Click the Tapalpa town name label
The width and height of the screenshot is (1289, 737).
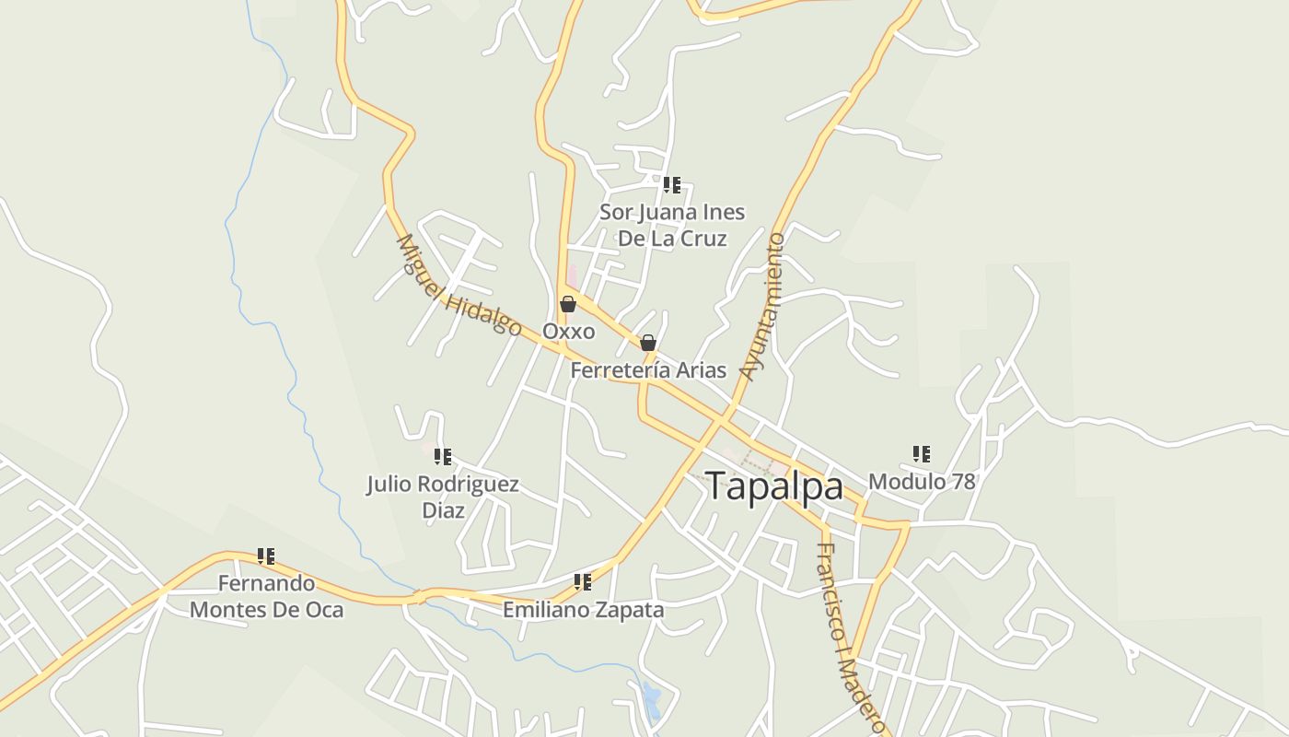click(x=773, y=486)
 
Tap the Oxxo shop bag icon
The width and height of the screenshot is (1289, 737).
click(x=568, y=304)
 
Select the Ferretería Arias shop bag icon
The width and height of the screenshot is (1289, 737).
click(x=648, y=344)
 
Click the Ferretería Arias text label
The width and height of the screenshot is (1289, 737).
click(x=648, y=370)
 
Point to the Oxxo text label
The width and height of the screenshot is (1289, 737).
click(x=568, y=331)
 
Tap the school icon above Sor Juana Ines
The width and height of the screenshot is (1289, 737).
click(x=672, y=185)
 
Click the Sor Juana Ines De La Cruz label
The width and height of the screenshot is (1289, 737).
click(x=672, y=226)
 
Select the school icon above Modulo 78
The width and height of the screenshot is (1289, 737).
click(x=922, y=454)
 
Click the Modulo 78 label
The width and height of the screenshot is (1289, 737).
click(x=922, y=481)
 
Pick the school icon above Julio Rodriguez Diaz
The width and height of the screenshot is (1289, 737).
click(x=443, y=457)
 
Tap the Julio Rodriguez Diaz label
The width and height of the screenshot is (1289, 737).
click(x=443, y=497)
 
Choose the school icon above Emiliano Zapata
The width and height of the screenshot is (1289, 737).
click(x=583, y=582)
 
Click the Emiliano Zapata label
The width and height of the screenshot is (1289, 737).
click(x=583, y=609)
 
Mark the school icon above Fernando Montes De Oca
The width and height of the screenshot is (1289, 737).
click(x=266, y=556)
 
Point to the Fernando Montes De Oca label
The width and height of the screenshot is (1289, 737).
click(x=266, y=596)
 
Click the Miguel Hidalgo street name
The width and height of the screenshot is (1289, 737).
click(x=458, y=286)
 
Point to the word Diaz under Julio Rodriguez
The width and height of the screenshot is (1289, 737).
click(x=443, y=510)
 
